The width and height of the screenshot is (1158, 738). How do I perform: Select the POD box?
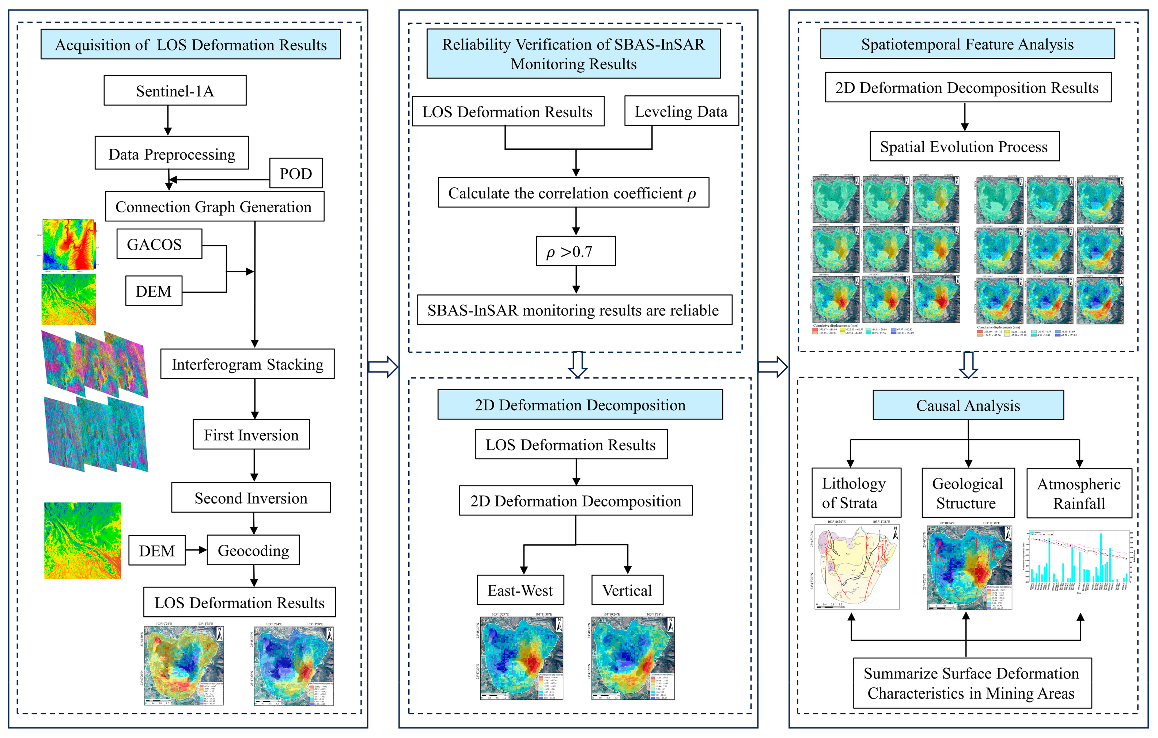(296, 173)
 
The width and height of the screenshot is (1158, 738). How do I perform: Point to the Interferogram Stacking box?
(247, 364)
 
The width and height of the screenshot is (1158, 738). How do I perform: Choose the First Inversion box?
(251, 435)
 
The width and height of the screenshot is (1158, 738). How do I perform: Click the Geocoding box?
(253, 550)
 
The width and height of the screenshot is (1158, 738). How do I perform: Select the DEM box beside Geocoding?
(157, 550)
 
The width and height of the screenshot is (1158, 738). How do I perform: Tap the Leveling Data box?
(681, 111)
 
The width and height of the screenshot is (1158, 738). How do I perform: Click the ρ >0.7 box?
(576, 251)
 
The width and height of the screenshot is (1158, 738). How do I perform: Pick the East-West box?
(520, 590)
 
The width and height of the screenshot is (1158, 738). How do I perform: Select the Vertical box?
(627, 590)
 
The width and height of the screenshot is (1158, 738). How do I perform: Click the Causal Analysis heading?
(968, 405)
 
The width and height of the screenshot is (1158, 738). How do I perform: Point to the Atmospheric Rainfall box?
(1079, 493)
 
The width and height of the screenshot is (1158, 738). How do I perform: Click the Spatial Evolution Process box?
(964, 146)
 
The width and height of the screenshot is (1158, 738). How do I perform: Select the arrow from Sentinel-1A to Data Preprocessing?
(168, 120)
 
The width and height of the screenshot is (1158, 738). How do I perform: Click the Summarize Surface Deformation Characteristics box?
(972, 683)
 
